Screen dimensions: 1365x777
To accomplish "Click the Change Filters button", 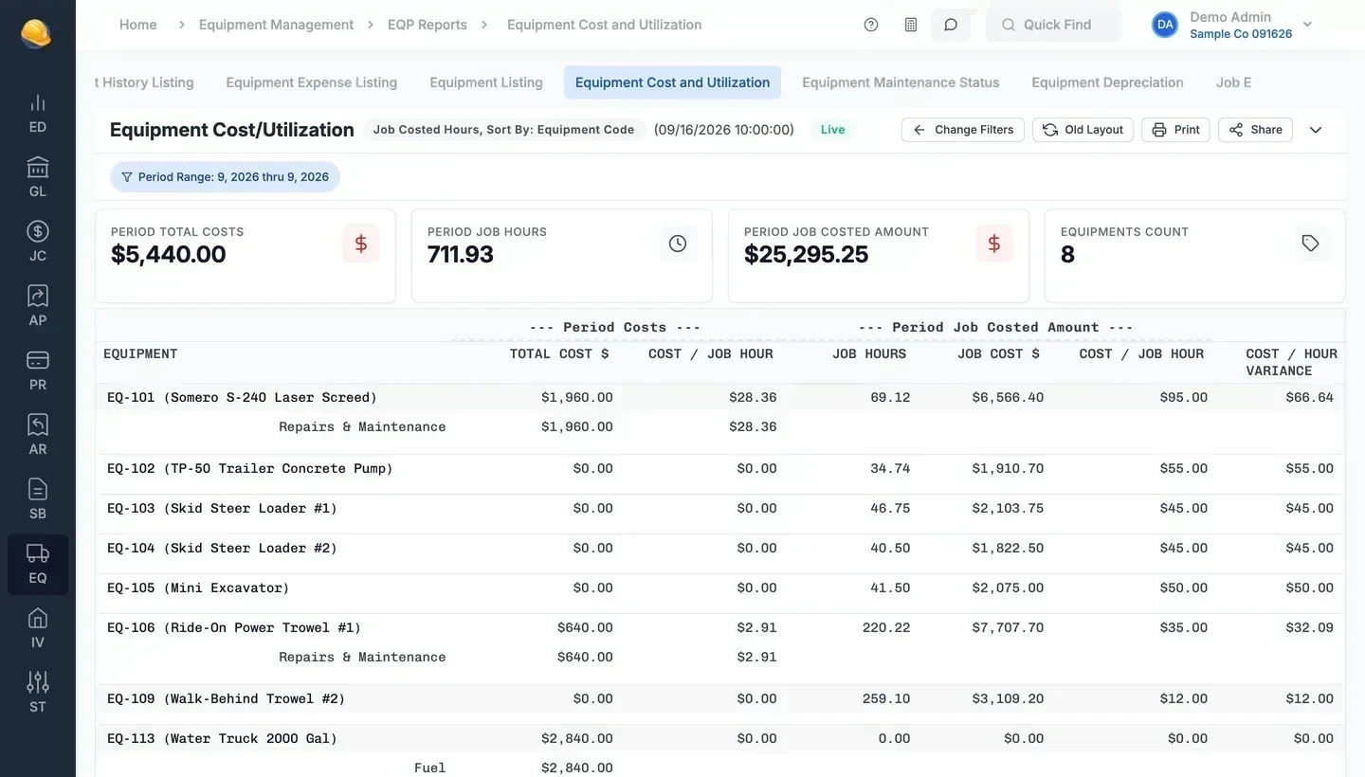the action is [x=962, y=130].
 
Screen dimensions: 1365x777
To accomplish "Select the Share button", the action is [x=1255, y=130].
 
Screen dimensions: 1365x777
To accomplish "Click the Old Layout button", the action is [x=1083, y=130].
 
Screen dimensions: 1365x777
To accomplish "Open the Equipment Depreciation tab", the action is [x=1107, y=82].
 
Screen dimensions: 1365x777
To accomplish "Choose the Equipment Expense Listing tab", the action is [x=311, y=82].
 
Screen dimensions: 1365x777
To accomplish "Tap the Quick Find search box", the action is [x=1053, y=25].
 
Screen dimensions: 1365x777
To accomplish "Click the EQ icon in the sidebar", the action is [x=38, y=564].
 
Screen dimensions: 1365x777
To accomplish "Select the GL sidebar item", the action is [x=38, y=177].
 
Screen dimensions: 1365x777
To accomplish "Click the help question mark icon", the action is [x=871, y=25].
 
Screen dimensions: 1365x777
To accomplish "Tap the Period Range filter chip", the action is [x=225, y=176].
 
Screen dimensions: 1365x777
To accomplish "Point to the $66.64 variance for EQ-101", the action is [x=1310, y=397].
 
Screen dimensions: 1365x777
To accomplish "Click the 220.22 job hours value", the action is [x=886, y=627].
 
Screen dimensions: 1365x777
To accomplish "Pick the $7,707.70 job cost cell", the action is [x=1008, y=627].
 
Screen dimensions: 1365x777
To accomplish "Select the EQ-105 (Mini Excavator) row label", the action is [x=198, y=587].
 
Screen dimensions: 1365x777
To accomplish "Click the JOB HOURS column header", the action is [x=869, y=353].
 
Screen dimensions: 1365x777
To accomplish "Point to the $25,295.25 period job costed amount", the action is [x=806, y=254].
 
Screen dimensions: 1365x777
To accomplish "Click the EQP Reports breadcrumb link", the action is [x=428, y=25].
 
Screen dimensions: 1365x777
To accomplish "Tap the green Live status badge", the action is [x=832, y=130].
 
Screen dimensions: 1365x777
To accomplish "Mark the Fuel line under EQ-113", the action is [x=429, y=768].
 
